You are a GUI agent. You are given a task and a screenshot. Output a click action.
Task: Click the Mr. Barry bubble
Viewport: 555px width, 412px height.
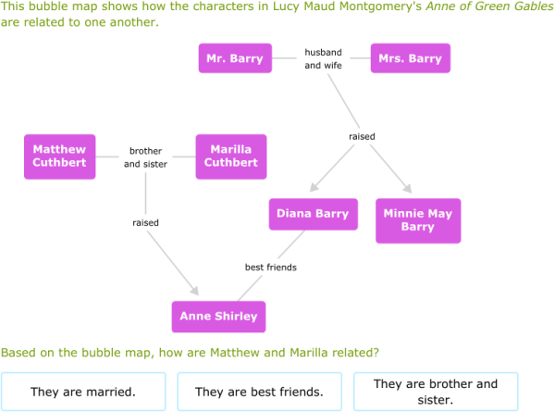(234, 58)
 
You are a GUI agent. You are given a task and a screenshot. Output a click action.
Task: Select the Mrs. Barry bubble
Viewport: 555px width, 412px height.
(410, 58)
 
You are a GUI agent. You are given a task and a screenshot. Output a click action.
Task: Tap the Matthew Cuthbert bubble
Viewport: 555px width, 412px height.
(59, 156)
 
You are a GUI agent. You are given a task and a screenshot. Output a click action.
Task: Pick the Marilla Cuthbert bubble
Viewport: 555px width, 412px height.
(230, 156)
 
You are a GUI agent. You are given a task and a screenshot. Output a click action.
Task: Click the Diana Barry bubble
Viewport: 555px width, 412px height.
(313, 214)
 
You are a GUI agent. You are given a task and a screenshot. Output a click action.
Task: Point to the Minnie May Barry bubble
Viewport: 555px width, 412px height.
(418, 220)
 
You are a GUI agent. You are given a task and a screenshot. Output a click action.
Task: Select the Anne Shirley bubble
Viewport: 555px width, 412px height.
(218, 316)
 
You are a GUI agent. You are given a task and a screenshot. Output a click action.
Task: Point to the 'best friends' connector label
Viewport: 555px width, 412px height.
(270, 268)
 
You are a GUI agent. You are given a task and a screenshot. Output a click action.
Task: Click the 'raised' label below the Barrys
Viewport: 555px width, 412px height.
(362, 137)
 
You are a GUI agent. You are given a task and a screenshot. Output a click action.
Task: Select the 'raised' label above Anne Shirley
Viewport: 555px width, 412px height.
(145, 223)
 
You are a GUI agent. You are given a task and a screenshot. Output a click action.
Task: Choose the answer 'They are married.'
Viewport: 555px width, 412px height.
(83, 392)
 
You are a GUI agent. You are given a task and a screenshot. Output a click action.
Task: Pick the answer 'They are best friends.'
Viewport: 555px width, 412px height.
(259, 392)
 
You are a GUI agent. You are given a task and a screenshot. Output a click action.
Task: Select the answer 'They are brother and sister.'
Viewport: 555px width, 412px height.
(436, 392)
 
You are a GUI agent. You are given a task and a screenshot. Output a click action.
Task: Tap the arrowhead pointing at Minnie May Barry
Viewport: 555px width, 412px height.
(404, 188)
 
